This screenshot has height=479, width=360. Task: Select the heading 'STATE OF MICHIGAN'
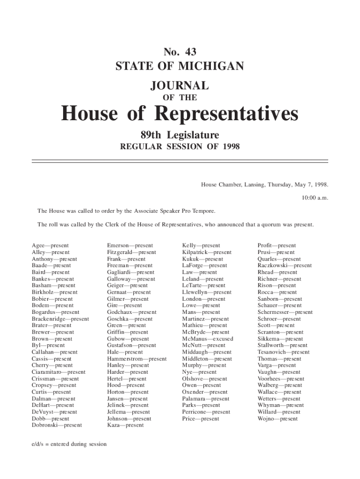(x=180, y=66)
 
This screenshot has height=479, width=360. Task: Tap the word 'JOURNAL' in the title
(x=180, y=86)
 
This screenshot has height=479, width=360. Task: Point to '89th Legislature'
(x=180, y=136)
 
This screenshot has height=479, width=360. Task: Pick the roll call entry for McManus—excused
(x=208, y=339)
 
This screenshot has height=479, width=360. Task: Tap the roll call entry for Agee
(x=50, y=246)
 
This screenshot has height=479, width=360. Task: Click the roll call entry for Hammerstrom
(x=137, y=359)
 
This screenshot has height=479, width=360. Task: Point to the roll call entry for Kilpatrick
(x=207, y=252)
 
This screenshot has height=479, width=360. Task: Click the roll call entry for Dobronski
(x=57, y=425)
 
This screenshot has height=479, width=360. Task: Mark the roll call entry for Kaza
(x=125, y=425)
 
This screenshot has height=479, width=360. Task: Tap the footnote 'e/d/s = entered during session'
(x=69, y=444)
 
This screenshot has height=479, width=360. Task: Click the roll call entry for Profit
(x=277, y=246)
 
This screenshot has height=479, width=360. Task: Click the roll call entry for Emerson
(x=130, y=246)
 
